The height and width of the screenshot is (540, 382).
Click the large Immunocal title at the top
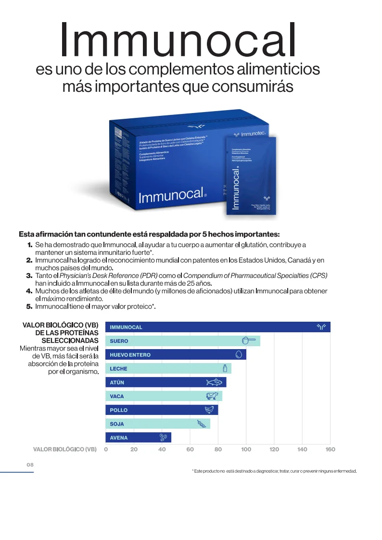pos(178,40)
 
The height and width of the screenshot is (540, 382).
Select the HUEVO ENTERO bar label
pos(130,355)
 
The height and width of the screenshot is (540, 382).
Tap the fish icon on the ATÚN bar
pos(215,383)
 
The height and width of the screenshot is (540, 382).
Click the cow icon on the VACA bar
pos(212,396)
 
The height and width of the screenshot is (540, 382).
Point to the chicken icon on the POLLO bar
pos(209,410)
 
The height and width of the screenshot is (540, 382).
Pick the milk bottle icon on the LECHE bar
pos(225,368)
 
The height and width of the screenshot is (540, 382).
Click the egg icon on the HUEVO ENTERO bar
pos(239,355)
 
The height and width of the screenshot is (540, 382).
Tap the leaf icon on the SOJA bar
pos(202,424)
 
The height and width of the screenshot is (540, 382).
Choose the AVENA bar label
pos(119,438)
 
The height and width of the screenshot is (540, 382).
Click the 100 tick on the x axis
pos(246,449)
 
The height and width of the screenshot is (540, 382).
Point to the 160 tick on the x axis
pos(330,449)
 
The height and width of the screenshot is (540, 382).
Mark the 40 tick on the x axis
pos(162,449)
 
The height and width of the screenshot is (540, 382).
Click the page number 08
pos(30,465)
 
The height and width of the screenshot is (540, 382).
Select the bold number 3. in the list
pos(29,276)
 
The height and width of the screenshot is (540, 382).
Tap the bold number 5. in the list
pos(29,306)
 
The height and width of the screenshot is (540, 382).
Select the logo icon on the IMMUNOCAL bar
pos(321,327)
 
